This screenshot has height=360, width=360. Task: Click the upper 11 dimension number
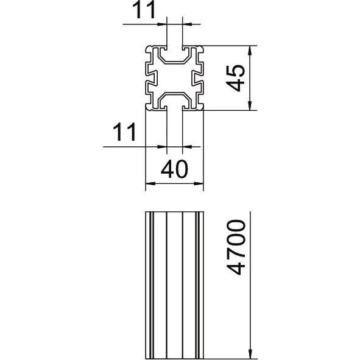coord(144,10)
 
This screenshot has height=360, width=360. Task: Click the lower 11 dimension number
coord(125,132)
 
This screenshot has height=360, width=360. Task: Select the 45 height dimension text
coord(236,79)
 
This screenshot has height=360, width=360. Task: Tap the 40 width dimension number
coord(174,169)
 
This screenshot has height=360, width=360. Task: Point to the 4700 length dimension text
coord(236,247)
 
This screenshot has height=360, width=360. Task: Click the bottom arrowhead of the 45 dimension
coord(250,105)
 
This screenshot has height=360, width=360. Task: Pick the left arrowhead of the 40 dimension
coord(150,183)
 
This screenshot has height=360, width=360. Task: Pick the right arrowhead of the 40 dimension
coord(199,183)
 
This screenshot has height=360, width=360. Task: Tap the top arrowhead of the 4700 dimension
coord(250,216)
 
